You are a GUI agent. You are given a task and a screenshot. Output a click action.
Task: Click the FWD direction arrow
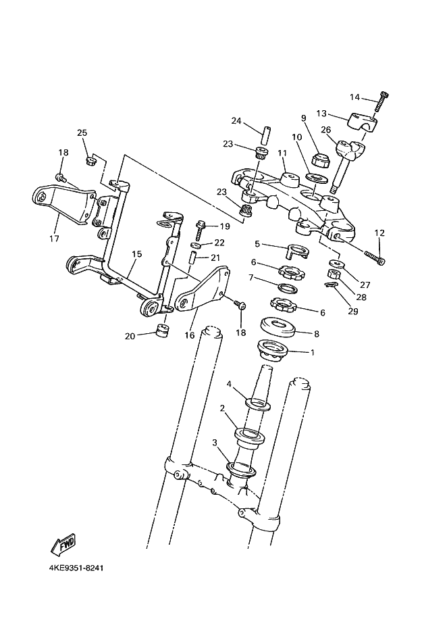63,544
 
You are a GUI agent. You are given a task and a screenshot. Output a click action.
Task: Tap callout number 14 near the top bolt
354,97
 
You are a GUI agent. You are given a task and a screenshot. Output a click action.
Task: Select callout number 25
82,132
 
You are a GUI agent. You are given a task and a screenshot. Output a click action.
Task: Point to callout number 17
55,239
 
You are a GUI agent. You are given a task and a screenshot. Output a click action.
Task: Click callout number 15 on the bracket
136,254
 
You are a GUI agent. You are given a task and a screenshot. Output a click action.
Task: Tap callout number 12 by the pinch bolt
379,233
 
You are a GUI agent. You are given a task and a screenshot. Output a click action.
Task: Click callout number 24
236,121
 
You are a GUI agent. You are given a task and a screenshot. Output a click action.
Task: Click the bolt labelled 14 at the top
383,102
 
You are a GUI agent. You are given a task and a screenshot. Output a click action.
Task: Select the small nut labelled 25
93,161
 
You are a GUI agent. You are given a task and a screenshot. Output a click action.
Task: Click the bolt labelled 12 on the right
375,258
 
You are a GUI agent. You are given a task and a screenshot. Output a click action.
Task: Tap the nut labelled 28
333,274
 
